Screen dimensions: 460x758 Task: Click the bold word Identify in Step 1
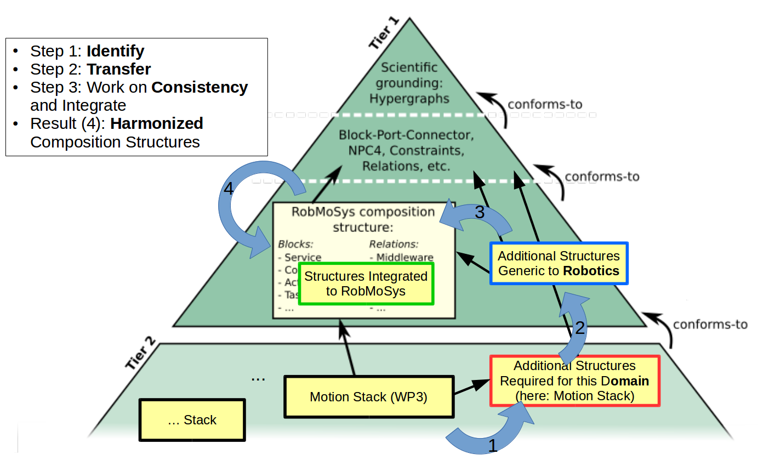pos(115,52)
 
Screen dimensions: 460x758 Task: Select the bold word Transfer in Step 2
pos(118,70)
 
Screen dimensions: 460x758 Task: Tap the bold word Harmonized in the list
pos(156,123)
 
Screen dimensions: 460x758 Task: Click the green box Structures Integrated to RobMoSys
pos(366,283)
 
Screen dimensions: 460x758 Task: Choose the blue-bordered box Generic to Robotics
pos(558,263)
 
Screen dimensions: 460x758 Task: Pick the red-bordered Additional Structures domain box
pos(574,381)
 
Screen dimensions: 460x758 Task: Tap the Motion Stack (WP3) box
pos(368,396)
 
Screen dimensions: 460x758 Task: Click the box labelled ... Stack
pos(192,420)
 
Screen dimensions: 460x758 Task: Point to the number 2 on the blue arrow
pos(580,328)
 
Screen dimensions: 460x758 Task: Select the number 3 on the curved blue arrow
pos(480,213)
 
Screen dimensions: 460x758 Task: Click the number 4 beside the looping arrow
pos(229,189)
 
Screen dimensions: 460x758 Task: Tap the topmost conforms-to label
pos(545,104)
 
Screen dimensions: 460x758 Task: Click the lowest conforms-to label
pos(710,324)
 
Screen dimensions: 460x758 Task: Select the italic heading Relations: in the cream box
pos(394,244)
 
